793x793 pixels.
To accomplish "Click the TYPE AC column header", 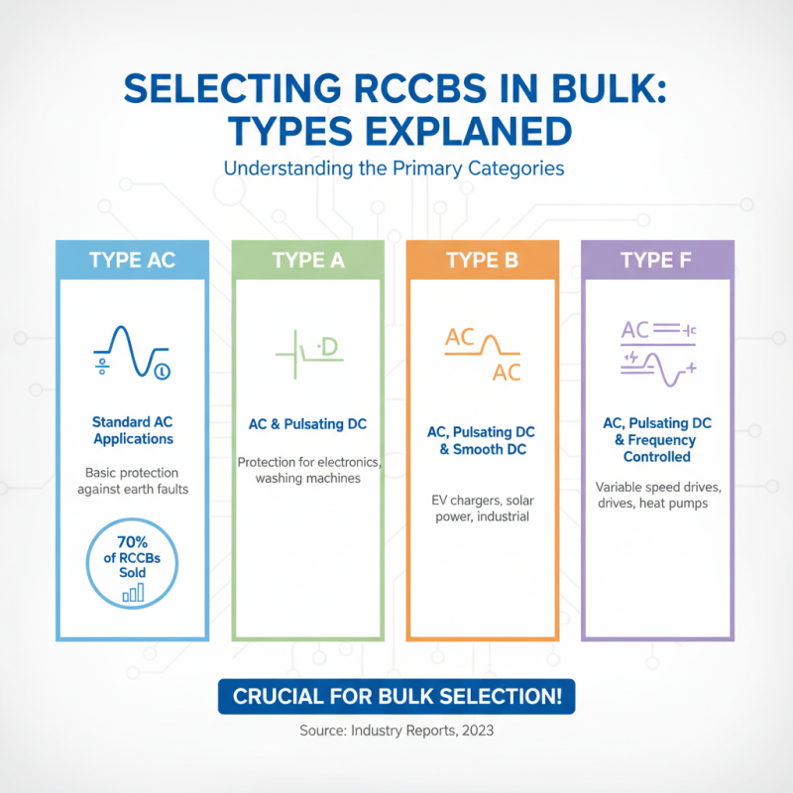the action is [132, 260].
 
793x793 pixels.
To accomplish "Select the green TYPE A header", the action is [308, 260].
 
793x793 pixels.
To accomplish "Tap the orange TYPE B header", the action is [483, 260].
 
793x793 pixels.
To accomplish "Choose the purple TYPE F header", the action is [657, 260].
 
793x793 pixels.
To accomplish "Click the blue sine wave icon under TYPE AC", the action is [133, 352].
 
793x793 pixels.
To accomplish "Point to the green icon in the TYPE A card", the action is [309, 354].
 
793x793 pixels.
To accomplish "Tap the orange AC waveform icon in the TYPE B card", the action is [483, 354].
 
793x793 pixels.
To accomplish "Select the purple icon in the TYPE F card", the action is [658, 353].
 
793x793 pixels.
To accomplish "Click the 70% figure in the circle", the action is [133, 542].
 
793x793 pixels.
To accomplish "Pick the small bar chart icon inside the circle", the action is [134, 593].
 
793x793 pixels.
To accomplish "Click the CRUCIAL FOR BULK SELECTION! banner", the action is [396, 697].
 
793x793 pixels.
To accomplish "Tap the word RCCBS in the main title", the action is [419, 89].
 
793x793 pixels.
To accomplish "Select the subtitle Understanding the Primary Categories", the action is [394, 169].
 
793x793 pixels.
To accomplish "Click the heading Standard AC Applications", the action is [133, 430].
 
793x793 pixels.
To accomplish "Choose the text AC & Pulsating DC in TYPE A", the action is [307, 424].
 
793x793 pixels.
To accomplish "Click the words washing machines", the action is [308, 479].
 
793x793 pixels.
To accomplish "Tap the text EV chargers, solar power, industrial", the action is [483, 509].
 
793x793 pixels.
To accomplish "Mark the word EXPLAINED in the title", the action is [468, 132].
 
